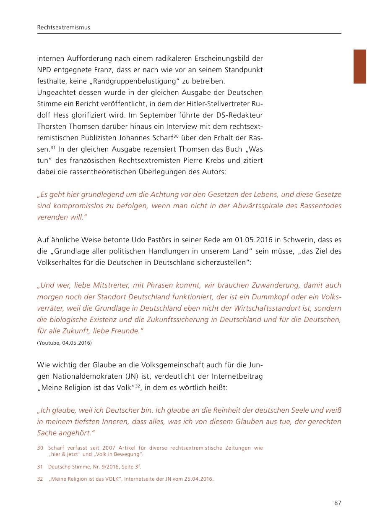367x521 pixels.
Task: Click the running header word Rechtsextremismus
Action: [x=64, y=28]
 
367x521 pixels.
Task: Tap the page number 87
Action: [x=338, y=503]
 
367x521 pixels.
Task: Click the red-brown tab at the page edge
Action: [x=360, y=66]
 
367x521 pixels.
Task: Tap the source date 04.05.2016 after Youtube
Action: [x=77, y=343]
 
